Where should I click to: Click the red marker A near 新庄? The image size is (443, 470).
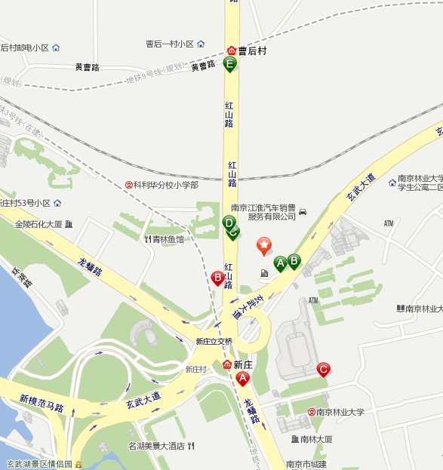click(x=242, y=378)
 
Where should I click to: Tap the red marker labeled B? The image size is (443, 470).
click(x=217, y=278)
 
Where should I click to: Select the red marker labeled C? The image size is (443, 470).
click(x=322, y=369)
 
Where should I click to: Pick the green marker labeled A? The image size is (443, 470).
click(x=280, y=263)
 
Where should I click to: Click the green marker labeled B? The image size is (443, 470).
click(x=294, y=260)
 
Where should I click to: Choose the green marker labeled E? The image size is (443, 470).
click(x=230, y=64)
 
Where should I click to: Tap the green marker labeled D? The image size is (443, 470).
click(x=229, y=223)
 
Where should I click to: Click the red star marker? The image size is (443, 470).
click(x=264, y=244)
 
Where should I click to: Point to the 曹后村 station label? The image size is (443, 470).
click(x=252, y=51)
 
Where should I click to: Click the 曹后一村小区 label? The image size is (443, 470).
click(x=170, y=44)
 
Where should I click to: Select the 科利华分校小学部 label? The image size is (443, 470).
click(x=167, y=184)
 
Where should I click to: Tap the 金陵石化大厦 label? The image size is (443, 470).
click(x=38, y=224)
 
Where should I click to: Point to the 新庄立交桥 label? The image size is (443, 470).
click(x=214, y=342)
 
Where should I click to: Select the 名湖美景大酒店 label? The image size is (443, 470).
click(x=156, y=446)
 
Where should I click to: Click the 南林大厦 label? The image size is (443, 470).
click(x=315, y=439)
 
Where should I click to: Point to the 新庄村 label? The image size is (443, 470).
click(x=196, y=369)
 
